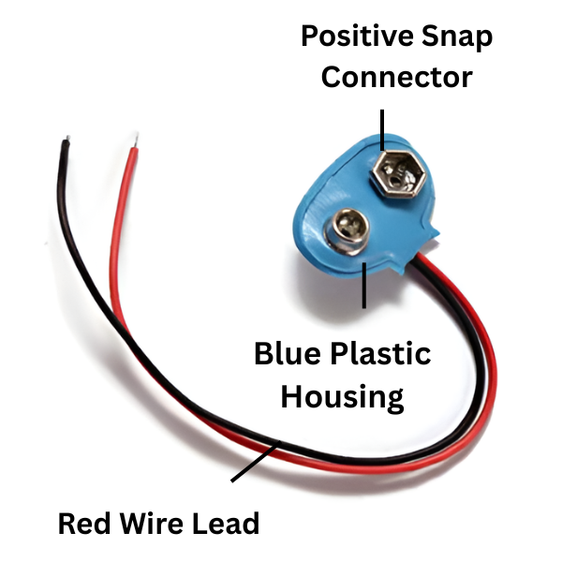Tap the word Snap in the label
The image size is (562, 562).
click(458, 38)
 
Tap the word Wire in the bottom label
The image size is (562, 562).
click(156, 523)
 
